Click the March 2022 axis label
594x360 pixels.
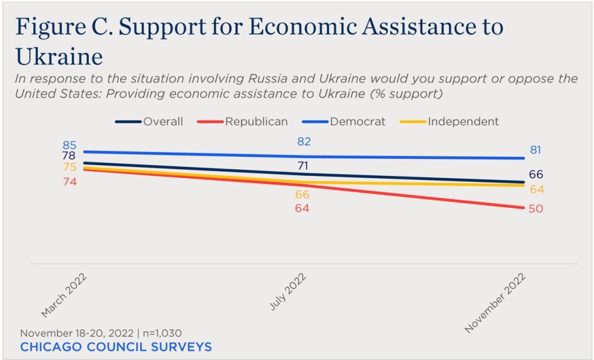tap(64, 295)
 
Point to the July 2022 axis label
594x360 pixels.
tap(288, 292)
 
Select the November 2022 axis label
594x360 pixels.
tap(496, 302)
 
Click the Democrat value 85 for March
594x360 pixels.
tap(69, 145)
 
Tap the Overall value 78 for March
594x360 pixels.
tap(69, 156)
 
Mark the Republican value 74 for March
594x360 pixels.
tap(69, 182)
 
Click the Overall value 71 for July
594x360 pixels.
tap(303, 166)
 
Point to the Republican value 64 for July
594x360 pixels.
tap(303, 209)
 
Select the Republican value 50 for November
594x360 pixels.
tap(536, 209)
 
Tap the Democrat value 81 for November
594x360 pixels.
tap(536, 150)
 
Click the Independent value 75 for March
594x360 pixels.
tap(69, 168)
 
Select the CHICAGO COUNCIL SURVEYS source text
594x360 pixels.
tap(116, 347)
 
